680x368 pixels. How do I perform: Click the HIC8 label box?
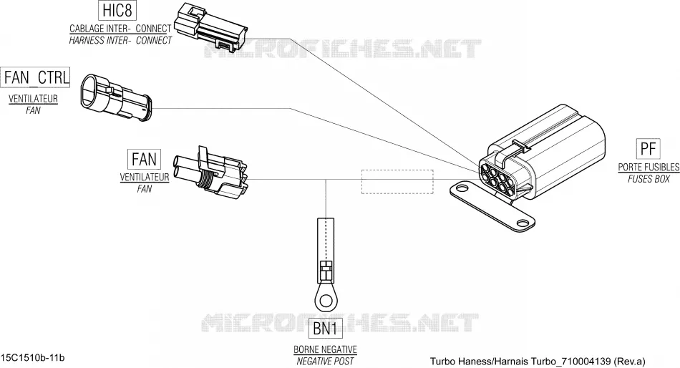point(117,11)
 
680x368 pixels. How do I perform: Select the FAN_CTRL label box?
point(36,77)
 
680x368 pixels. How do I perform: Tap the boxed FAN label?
point(144,159)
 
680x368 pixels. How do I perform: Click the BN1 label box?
point(326,328)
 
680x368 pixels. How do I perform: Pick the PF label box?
point(648,149)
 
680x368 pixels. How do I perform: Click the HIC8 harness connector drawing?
point(210,26)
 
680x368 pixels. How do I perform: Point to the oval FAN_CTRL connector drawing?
point(115,97)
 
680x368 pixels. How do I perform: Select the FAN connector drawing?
point(210,171)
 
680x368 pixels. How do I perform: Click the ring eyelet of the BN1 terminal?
point(326,299)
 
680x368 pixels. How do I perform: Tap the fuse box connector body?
point(542,155)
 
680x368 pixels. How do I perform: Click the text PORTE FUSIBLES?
point(649,167)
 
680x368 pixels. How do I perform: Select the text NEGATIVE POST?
point(325,361)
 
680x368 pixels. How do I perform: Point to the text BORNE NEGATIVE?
point(325,349)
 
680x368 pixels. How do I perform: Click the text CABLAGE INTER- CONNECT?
point(120,29)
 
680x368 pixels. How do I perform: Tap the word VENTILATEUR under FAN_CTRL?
point(33,99)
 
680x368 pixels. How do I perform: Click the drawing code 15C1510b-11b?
point(33,357)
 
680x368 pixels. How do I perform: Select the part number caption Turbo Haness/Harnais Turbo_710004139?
point(520,361)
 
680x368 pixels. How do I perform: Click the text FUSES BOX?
point(649,179)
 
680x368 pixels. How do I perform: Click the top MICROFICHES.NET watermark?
point(343,49)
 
